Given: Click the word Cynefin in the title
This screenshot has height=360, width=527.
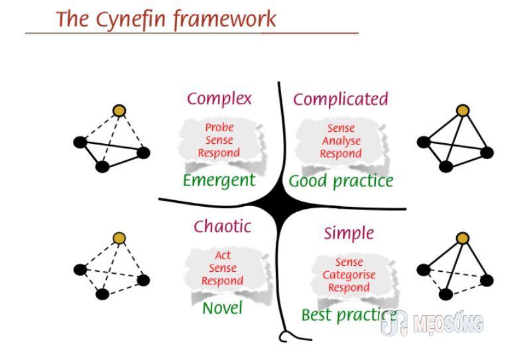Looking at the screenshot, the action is pyautogui.click(x=131, y=20).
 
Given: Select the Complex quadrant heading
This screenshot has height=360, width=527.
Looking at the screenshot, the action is pyautogui.click(x=219, y=99).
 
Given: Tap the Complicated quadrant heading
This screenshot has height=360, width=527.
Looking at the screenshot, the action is pyautogui.click(x=341, y=99).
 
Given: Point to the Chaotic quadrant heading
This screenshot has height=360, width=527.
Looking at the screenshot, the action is pyautogui.click(x=223, y=226).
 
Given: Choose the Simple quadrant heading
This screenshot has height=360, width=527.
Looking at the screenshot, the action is pyautogui.click(x=349, y=233).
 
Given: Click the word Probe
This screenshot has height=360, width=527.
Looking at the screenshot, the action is pyautogui.click(x=219, y=127).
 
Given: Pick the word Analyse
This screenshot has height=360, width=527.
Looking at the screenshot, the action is pyautogui.click(x=341, y=141).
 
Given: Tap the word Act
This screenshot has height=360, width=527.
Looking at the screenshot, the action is pyautogui.click(x=223, y=255).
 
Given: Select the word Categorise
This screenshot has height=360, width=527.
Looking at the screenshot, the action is pyautogui.click(x=349, y=275).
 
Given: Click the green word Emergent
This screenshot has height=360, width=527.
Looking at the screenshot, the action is pyautogui.click(x=219, y=181).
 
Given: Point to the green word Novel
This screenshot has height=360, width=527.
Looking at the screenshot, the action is pyautogui.click(x=222, y=308).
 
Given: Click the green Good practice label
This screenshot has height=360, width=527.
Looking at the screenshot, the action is pyautogui.click(x=341, y=182).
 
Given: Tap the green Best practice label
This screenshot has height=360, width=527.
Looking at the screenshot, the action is pyautogui.click(x=349, y=316).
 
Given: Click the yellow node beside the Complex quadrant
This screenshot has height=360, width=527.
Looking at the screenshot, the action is pyautogui.click(x=119, y=111).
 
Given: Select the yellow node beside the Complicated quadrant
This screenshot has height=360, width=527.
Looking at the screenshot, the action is pyautogui.click(x=463, y=111).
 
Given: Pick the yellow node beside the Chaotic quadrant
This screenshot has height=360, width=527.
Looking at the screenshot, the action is pyautogui.click(x=119, y=238).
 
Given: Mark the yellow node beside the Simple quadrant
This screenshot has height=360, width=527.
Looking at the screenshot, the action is pyautogui.click(x=463, y=238).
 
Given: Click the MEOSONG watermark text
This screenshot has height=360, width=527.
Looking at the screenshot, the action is pyautogui.click(x=448, y=324).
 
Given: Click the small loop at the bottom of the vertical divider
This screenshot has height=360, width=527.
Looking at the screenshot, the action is pyautogui.click(x=284, y=337).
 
